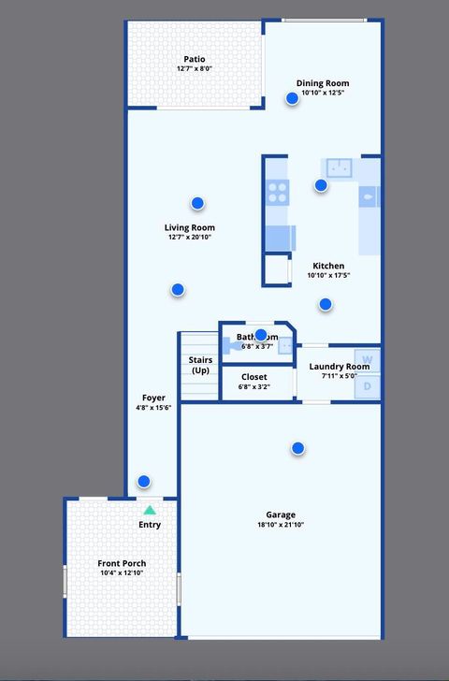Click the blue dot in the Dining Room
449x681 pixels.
pos(292,98)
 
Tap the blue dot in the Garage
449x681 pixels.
pos(297,448)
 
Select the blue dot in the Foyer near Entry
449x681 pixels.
pos(143,482)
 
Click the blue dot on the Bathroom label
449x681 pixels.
pos(261,335)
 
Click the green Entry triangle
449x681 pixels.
pos(150,510)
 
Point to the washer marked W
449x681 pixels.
pos(368,359)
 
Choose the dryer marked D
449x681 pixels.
pos(368,385)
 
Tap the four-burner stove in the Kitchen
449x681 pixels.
pos(277,192)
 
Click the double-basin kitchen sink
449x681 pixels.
pos(338,168)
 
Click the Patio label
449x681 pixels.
pos(195,59)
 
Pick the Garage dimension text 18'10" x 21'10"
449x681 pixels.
pos(281,525)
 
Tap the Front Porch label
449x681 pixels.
pos(122,563)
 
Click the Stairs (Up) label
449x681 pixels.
pos(200,365)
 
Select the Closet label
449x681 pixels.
pos(253,377)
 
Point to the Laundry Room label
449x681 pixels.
pos(339,366)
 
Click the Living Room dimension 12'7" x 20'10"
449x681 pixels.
pos(190,238)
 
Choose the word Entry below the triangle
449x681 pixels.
pos(150,525)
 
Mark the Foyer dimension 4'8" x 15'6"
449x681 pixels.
pos(153,408)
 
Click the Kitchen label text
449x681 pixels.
pos(328,266)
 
